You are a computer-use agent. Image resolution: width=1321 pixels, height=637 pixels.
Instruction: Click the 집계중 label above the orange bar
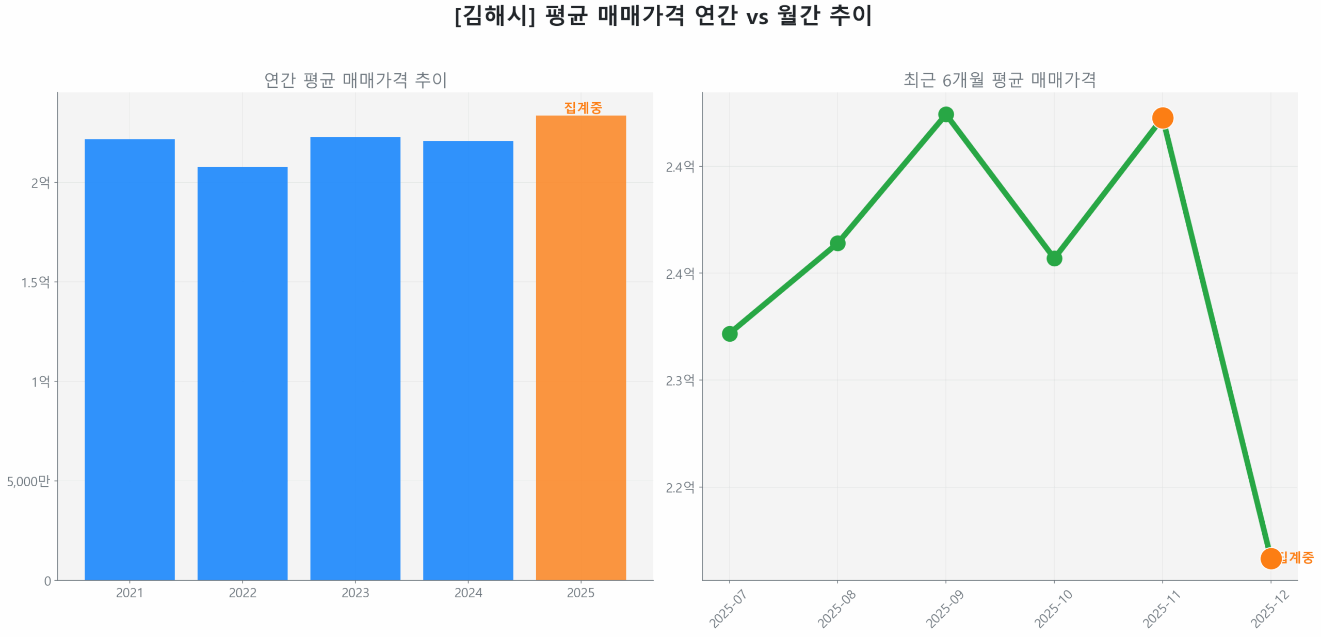tap(583, 107)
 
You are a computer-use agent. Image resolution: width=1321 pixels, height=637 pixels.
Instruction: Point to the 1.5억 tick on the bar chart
tap(36, 282)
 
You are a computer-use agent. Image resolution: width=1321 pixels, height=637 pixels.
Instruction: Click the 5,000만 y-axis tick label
tap(28, 481)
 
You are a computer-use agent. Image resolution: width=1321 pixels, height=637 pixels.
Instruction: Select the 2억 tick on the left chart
tap(40, 183)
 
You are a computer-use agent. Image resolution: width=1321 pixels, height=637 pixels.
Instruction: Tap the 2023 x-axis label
tap(355, 593)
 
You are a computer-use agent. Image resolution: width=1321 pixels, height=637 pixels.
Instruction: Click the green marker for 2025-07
tap(729, 333)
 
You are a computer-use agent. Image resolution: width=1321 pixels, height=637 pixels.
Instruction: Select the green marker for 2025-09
tap(945, 114)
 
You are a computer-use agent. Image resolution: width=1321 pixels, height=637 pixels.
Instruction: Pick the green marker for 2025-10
tap(1054, 258)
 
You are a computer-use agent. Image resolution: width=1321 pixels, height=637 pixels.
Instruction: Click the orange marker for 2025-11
tap(1162, 118)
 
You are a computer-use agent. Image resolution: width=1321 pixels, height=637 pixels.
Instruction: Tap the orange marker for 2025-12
tap(1270, 558)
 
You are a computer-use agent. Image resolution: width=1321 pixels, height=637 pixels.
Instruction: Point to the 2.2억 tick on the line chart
tap(679, 487)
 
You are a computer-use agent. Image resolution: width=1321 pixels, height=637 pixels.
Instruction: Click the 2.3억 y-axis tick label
tap(679, 380)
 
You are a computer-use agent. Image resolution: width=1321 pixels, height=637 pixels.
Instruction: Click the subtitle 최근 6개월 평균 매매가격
tap(999, 80)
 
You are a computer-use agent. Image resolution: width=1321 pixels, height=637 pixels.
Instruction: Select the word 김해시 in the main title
tap(494, 15)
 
